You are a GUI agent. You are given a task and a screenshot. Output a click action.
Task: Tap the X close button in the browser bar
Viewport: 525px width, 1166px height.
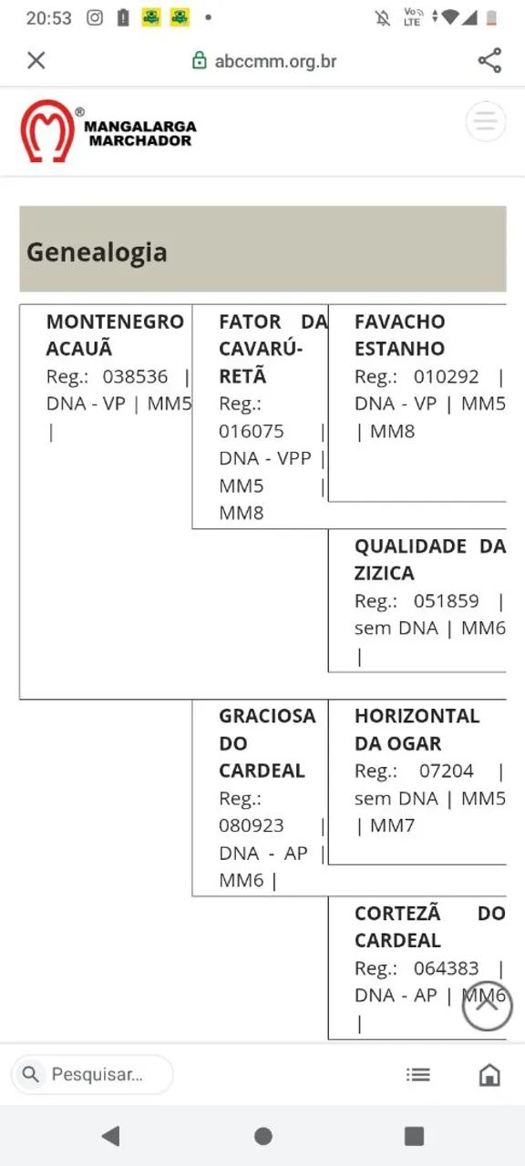pyautogui.click(x=36, y=60)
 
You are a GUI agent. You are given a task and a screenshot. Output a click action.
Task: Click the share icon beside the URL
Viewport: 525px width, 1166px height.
pyautogui.click(x=489, y=60)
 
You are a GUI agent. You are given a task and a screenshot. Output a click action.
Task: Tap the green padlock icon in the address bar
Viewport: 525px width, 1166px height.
pyautogui.click(x=199, y=60)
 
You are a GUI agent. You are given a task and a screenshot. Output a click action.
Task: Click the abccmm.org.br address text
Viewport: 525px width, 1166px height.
pyautogui.click(x=275, y=61)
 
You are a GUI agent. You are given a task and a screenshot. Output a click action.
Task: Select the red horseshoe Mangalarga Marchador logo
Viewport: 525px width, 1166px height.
pyautogui.click(x=46, y=131)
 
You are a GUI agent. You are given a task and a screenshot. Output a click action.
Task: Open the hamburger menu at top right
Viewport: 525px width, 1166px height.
pyautogui.click(x=486, y=121)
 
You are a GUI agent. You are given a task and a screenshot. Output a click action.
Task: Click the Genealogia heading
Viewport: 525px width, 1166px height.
pyautogui.click(x=97, y=252)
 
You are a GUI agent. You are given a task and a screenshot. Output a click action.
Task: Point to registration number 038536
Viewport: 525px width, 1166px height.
pyautogui.click(x=135, y=376)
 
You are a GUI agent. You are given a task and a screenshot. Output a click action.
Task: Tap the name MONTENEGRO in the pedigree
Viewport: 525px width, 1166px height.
pyautogui.click(x=115, y=322)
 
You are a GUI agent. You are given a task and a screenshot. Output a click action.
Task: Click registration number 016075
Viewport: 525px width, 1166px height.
pyautogui.click(x=251, y=431)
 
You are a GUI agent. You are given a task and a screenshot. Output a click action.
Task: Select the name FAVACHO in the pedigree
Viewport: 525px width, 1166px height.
pyautogui.click(x=399, y=322)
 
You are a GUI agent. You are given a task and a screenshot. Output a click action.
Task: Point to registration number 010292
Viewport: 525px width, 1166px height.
pyautogui.click(x=446, y=376)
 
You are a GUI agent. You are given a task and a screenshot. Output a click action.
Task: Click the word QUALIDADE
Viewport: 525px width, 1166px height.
pyautogui.click(x=410, y=546)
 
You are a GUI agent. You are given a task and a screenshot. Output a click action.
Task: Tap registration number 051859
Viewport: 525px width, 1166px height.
pyautogui.click(x=446, y=600)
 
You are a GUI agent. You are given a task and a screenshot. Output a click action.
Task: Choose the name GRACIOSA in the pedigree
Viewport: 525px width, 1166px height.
pyautogui.click(x=267, y=716)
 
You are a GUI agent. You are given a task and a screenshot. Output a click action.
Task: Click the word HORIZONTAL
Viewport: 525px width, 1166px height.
pyautogui.click(x=417, y=716)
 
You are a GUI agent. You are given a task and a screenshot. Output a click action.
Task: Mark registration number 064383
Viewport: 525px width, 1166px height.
pyautogui.click(x=446, y=968)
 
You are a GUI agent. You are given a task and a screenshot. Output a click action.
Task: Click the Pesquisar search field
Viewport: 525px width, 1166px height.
pyautogui.click(x=92, y=1074)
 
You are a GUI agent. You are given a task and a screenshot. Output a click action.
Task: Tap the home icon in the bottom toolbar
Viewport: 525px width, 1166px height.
pyautogui.click(x=489, y=1075)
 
